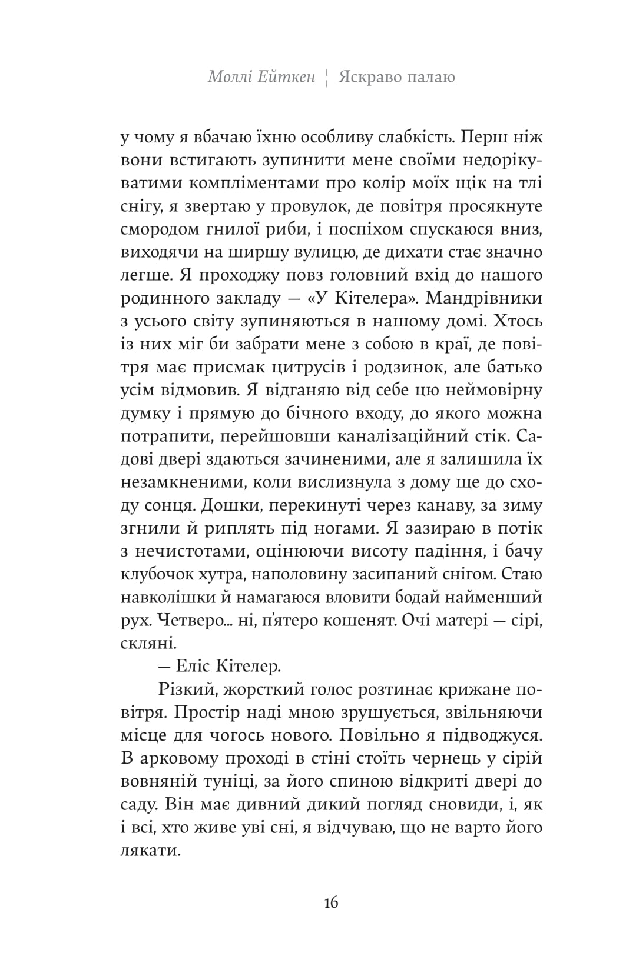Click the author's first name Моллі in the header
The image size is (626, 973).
coord(229,77)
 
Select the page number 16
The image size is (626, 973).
coord(331,902)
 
